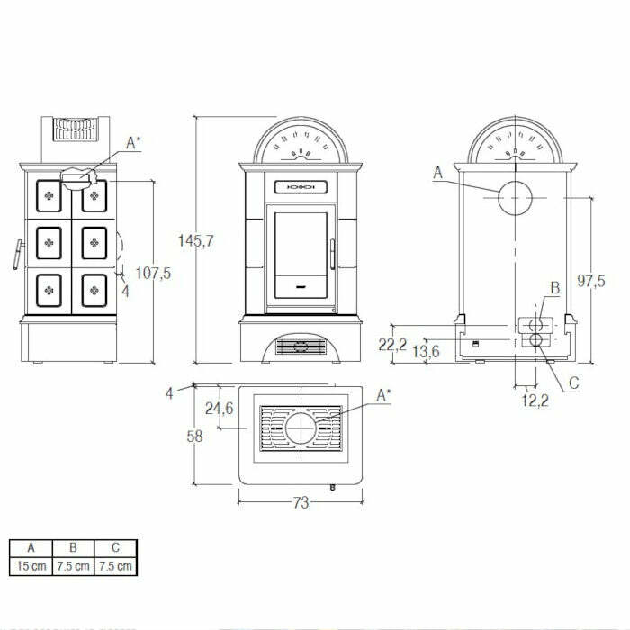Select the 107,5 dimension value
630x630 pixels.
click(x=153, y=274)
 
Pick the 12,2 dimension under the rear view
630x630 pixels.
click(x=535, y=400)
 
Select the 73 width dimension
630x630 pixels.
click(x=301, y=502)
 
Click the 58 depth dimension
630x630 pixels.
click(x=194, y=436)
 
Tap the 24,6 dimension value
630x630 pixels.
click(x=219, y=408)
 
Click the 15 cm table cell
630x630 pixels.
click(x=31, y=566)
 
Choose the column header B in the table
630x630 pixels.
click(x=73, y=547)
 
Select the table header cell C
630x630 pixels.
click(x=115, y=547)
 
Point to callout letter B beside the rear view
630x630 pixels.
click(x=555, y=288)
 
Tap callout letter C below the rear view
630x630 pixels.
click(x=574, y=382)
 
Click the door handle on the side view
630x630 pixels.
click(x=16, y=255)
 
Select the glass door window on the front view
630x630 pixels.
click(x=301, y=245)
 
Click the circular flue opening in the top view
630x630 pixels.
click(x=301, y=427)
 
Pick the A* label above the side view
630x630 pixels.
click(x=134, y=142)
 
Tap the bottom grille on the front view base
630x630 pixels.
click(x=301, y=346)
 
